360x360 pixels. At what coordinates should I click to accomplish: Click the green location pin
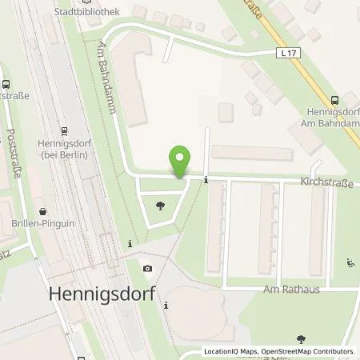[x=181, y=162]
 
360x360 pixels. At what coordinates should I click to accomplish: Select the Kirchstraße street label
[x=328, y=183]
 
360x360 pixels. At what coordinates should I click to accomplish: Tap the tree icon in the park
[x=161, y=206]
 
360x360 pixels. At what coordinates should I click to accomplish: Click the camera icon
[x=146, y=268]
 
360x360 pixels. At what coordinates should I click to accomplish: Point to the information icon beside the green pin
[x=206, y=179]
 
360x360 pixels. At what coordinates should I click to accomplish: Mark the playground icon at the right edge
[x=350, y=262]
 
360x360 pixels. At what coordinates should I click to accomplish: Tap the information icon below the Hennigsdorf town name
[x=166, y=305]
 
